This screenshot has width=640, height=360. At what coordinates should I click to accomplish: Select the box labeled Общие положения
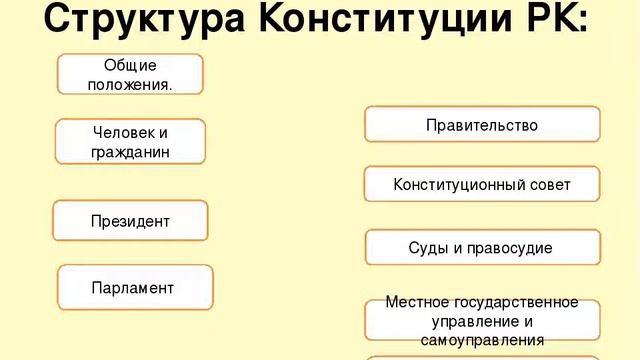pos(130,75)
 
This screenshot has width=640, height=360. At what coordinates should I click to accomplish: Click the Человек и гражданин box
pos(130,142)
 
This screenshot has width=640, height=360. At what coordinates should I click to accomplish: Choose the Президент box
pos(130,221)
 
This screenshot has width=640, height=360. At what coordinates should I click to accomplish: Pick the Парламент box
pos(134,288)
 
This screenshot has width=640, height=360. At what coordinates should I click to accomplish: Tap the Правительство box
pos(481,125)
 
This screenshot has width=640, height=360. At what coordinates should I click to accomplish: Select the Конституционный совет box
pos(481,185)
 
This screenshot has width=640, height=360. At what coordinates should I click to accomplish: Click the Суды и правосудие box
pos(481,247)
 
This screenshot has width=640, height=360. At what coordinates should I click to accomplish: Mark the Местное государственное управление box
pos(482,320)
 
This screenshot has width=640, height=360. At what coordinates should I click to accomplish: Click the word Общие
pos(130,65)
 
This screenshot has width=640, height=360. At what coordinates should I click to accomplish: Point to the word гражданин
pos(130,152)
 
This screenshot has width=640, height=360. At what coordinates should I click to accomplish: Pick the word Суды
pos(428,247)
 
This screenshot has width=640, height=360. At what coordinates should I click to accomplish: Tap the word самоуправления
pos(482,340)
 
